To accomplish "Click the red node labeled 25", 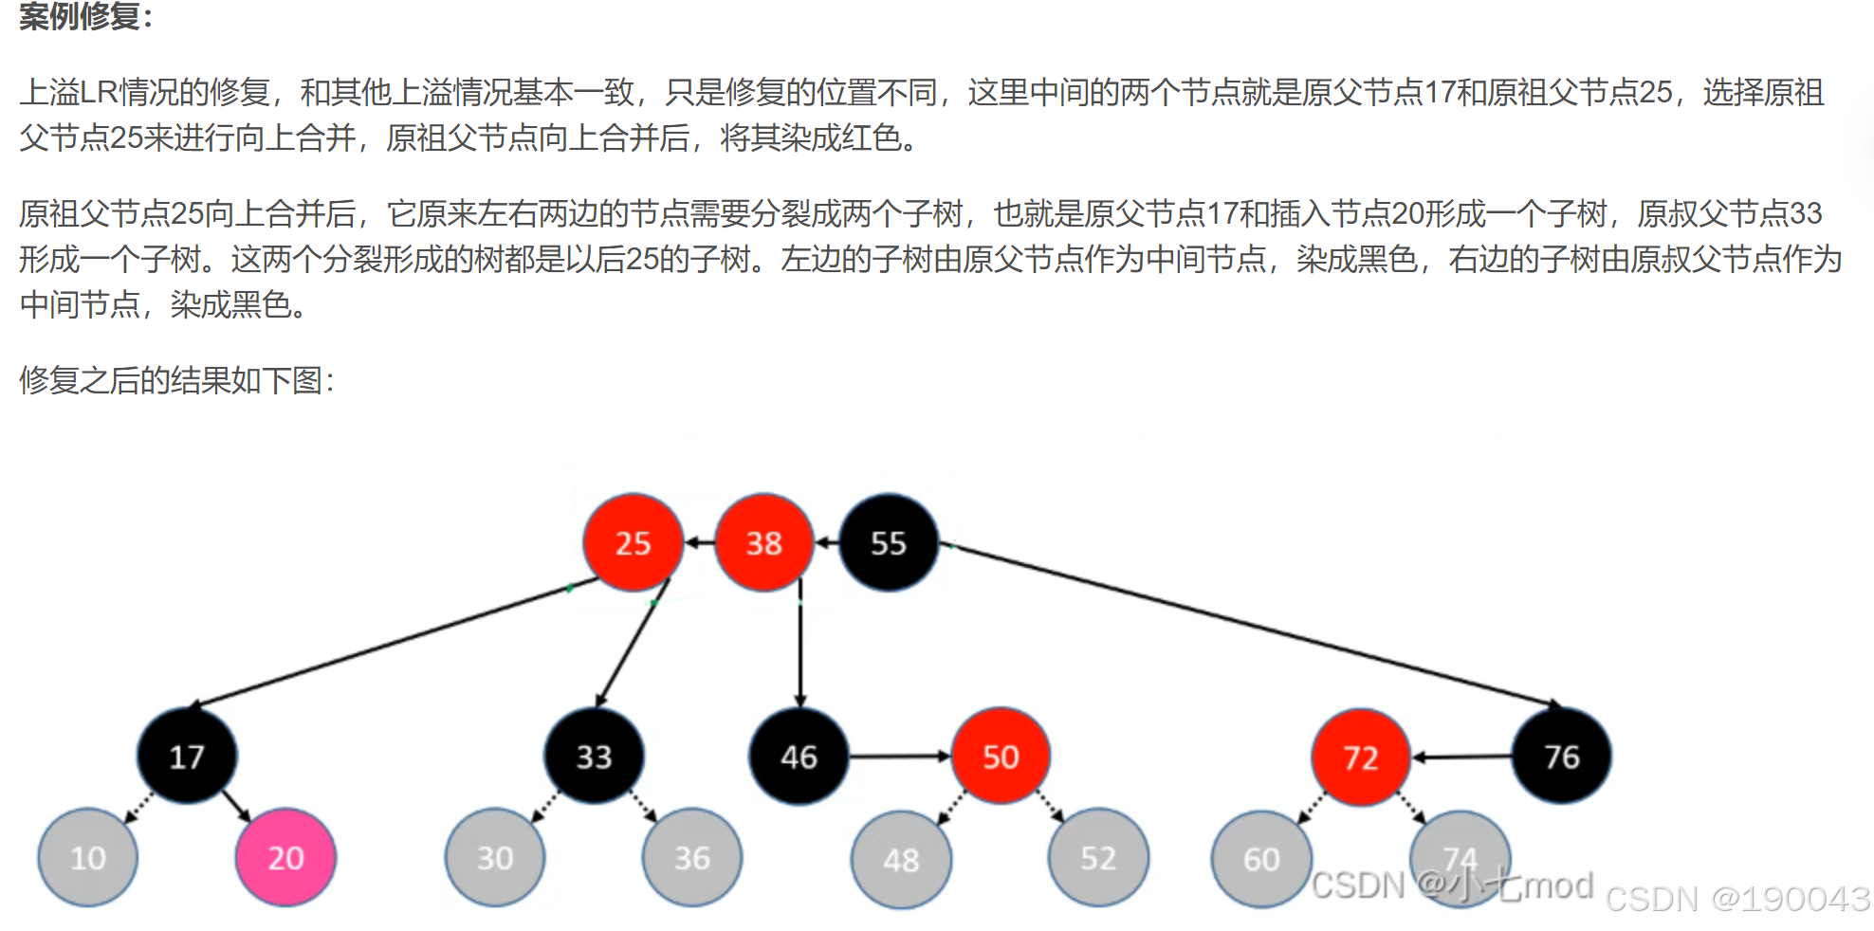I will pyautogui.click(x=633, y=542).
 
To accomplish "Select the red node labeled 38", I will pyautogui.click(x=763, y=542).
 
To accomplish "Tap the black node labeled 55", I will pyautogui.click(x=889, y=542).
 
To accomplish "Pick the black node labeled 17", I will pyautogui.click(x=187, y=756).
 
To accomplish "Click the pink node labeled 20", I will pyautogui.click(x=285, y=857).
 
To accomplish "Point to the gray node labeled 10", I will pyautogui.click(x=88, y=857).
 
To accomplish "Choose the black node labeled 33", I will pyautogui.click(x=594, y=756).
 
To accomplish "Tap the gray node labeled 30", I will pyautogui.click(x=495, y=857).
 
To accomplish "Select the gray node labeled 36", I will pyautogui.click(x=692, y=857).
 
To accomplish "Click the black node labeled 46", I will pyautogui.click(x=799, y=756).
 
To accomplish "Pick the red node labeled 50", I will pyautogui.click(x=1001, y=756).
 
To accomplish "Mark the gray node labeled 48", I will pyautogui.click(x=901, y=859).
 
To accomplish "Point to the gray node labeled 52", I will pyautogui.click(x=1098, y=857).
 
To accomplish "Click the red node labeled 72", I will pyautogui.click(x=1360, y=757).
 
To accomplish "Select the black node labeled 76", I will pyautogui.click(x=1561, y=756).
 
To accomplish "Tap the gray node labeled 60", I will pyautogui.click(x=1261, y=859).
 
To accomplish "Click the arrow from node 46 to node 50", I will pyautogui.click(x=899, y=756).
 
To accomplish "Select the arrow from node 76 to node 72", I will pyautogui.click(x=1461, y=757).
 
